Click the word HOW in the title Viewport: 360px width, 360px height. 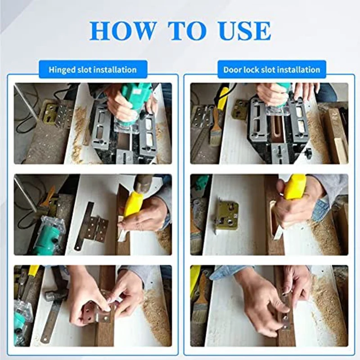pyautogui.click(x=122, y=31)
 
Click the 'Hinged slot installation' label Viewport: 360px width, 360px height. pyautogui.click(x=93, y=70)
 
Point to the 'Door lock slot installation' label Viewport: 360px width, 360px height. pyautogui.click(x=272, y=70)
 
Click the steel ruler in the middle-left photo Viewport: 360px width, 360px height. pyautogui.click(x=85, y=226)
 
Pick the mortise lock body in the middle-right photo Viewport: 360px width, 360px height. pyautogui.click(x=226, y=216)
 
